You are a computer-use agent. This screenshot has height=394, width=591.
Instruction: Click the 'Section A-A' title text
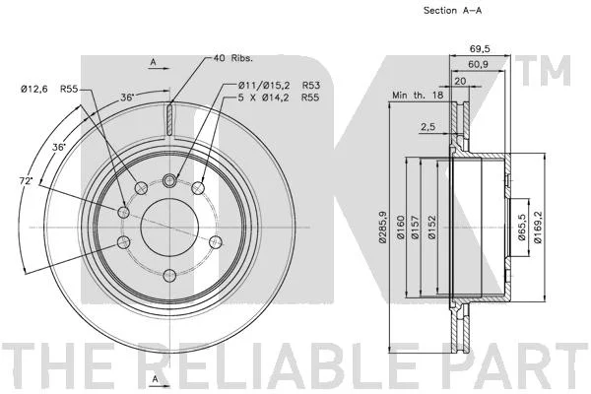[452, 11]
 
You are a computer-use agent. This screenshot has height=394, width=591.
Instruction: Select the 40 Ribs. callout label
[232, 58]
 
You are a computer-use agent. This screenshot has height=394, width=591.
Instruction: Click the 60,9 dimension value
[478, 64]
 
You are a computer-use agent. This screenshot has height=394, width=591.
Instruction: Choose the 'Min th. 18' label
[418, 95]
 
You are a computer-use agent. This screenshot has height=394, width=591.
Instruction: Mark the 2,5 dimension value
[427, 127]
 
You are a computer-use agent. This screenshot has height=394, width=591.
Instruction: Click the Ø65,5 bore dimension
[522, 228]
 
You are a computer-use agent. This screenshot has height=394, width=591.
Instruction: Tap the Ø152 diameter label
[432, 227]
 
